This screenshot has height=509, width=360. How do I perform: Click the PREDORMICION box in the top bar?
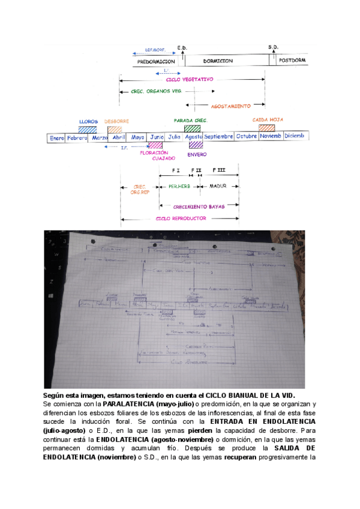156,61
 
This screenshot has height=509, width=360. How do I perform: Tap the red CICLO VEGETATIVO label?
190,79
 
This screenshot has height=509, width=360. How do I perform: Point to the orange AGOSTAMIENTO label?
230,106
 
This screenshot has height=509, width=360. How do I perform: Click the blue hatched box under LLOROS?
88,128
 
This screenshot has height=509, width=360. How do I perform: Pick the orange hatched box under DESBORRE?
115,128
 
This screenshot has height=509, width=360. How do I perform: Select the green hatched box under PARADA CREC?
193,128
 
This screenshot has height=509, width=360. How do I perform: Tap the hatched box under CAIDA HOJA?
266,128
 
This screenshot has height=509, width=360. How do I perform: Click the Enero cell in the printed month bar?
57,137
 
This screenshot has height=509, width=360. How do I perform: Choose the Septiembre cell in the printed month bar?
218,137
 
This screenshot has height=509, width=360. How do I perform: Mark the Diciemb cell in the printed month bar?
294,137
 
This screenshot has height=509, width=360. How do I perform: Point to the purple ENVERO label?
197,154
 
